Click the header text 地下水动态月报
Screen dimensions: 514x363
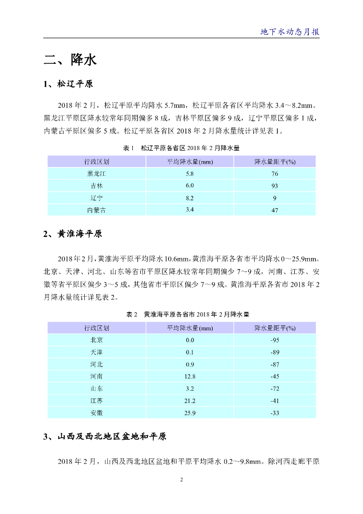[290, 32]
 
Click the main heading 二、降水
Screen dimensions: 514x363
[70, 60]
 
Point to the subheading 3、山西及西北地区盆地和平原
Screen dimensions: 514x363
[105, 437]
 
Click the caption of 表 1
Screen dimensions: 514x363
[181, 149]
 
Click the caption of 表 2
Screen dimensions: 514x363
[181, 314]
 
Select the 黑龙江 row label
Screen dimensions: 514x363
[96, 174]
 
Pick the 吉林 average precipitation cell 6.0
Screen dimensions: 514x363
[190, 186]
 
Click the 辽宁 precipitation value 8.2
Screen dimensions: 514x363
[190, 198]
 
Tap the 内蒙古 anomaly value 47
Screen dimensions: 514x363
[275, 210]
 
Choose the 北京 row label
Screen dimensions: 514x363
[96, 340]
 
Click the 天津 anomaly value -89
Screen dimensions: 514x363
[275, 352]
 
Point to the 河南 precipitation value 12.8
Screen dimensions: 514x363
[190, 376]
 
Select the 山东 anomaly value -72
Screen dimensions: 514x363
[275, 389]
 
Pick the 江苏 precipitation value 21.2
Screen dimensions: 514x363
[190, 401]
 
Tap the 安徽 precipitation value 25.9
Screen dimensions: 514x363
[190, 413]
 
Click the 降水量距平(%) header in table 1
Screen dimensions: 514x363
[275, 162]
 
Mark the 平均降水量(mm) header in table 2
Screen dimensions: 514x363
[190, 328]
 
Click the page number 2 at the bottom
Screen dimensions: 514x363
[181, 480]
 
